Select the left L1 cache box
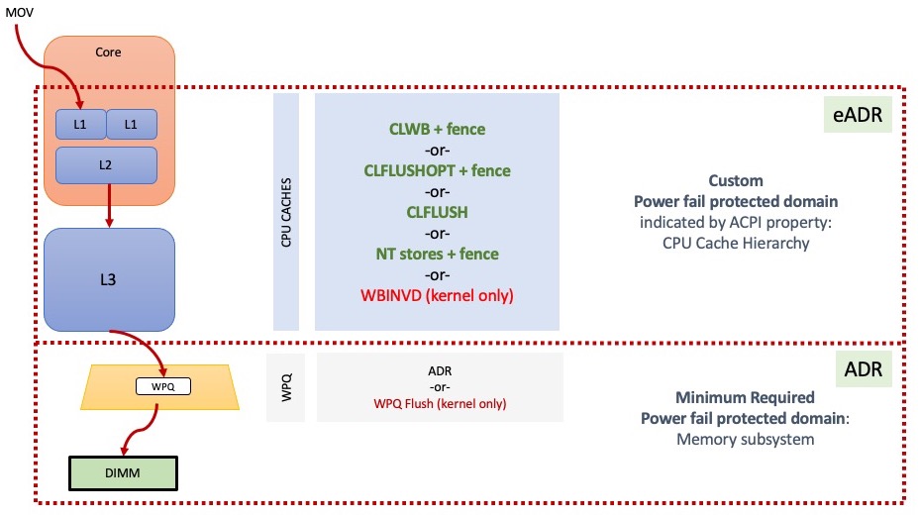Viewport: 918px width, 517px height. [x=80, y=124]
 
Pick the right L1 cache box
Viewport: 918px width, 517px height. [x=131, y=124]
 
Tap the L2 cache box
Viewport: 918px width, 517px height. [x=106, y=164]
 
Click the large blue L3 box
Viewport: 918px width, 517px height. [x=109, y=279]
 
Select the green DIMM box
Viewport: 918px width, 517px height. [x=123, y=473]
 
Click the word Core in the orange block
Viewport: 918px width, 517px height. [x=108, y=52]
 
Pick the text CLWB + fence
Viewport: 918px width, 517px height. [x=437, y=130]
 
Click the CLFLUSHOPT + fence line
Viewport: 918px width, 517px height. [x=437, y=171]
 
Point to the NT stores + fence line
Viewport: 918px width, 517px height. [x=437, y=255]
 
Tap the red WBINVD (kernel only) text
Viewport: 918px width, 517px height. [x=437, y=296]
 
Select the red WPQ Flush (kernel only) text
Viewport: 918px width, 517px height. [x=440, y=404]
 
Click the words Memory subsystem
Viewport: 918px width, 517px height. [x=746, y=439]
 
